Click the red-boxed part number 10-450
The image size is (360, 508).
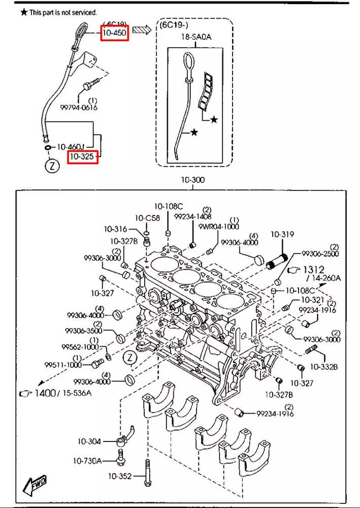(115, 32)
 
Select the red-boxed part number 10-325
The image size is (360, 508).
(82, 157)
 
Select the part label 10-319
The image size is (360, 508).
(282, 235)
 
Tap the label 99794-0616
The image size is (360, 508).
(79, 107)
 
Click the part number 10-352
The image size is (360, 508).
(120, 476)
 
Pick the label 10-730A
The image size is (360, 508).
(87, 461)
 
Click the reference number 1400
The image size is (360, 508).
(45, 393)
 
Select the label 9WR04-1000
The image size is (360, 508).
(219, 227)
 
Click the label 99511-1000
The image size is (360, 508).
(63, 365)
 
